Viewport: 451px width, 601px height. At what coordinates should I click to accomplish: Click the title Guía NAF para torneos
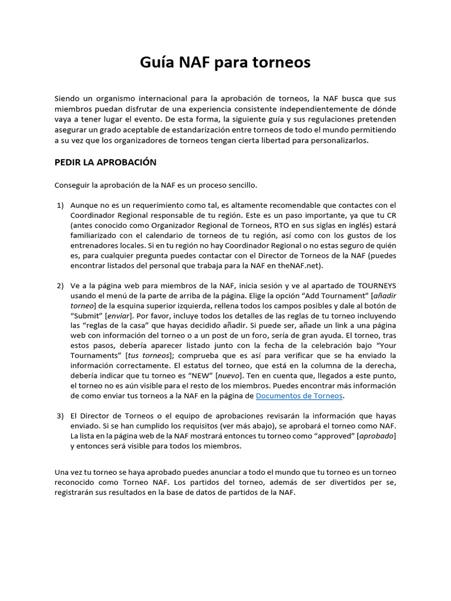[x=225, y=62]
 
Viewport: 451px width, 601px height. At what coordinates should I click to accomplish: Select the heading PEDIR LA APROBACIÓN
[x=105, y=162]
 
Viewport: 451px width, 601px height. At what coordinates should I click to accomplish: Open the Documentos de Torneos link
[x=299, y=396]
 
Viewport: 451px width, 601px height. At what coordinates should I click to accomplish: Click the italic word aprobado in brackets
[x=376, y=436]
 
